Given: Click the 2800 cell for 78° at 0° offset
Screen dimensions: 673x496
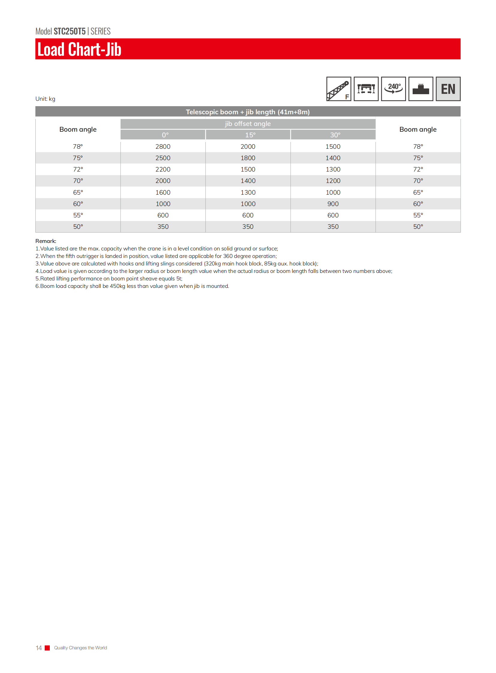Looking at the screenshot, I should tap(163, 147).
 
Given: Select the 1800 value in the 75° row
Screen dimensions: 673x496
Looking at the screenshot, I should tap(248, 158).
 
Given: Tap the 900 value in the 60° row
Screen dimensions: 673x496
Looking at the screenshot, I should tap(333, 204).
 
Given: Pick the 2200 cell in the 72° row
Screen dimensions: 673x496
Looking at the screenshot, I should tap(163, 169).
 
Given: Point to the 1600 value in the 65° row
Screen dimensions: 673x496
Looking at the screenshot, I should tap(163, 193).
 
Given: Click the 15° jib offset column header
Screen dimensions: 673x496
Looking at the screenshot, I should tap(250, 135).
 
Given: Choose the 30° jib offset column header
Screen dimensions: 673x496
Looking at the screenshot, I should tap(335, 135).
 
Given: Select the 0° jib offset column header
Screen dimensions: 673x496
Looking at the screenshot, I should tap(165, 135).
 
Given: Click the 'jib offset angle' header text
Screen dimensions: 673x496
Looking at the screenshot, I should tap(248, 124).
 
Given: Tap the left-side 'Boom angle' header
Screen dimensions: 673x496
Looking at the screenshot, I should tap(78, 130).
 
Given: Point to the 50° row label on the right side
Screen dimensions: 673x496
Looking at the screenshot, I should tap(418, 227).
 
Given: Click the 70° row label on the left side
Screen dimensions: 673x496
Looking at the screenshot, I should tap(78, 181).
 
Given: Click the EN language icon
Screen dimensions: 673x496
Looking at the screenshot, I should tap(448, 89).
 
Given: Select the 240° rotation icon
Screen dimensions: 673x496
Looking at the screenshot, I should tap(393, 89).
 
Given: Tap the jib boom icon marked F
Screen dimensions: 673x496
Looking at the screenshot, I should tap(338, 89).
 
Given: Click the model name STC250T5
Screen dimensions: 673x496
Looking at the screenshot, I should tap(69, 31).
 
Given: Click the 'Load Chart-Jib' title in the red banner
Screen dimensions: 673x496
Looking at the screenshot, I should tap(79, 49).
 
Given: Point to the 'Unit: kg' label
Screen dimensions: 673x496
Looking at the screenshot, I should tap(45, 99).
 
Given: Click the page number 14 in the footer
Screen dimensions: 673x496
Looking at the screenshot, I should tap(39, 648).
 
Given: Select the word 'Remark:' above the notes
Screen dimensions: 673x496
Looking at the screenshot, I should tap(46, 241).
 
